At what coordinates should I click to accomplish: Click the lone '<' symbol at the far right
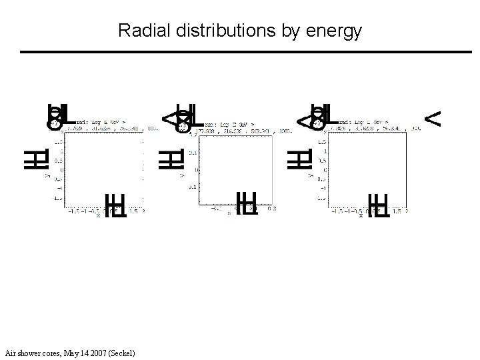(433, 119)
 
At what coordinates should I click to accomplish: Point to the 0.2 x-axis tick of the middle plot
(272, 209)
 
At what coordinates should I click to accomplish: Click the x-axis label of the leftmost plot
(98, 215)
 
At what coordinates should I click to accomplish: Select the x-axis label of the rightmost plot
(361, 215)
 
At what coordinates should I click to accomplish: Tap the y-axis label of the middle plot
(181, 175)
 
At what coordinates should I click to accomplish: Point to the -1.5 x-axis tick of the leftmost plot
(69, 210)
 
